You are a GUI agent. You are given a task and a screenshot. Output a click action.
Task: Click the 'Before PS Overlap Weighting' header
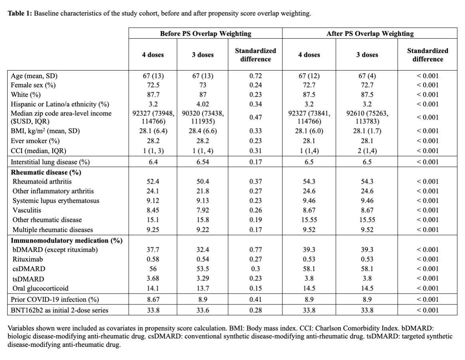click(205, 34)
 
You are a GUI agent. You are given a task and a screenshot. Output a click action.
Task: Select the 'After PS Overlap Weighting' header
click(370, 34)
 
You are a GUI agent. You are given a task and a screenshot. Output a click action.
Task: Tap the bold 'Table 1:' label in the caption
click(20, 14)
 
